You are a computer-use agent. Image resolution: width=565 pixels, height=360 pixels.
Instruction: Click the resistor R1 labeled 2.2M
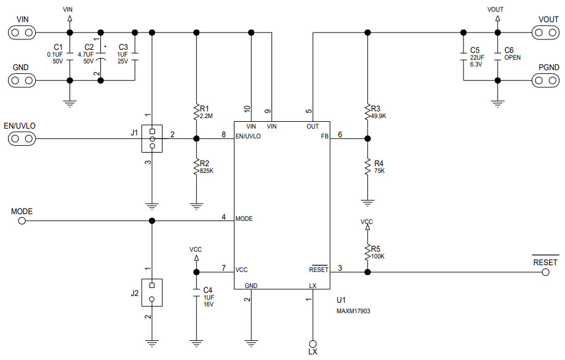(x=196, y=112)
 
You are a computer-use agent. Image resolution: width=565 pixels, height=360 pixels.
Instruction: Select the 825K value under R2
(x=206, y=170)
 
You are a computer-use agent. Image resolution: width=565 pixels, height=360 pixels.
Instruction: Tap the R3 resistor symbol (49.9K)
(x=367, y=111)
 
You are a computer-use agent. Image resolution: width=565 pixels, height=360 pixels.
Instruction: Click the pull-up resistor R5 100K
(x=367, y=252)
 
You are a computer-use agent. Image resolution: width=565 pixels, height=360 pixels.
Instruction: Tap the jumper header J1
(x=152, y=138)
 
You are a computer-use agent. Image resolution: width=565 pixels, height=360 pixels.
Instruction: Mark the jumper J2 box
(x=152, y=292)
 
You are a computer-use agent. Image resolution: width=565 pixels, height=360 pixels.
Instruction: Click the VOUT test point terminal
(x=545, y=32)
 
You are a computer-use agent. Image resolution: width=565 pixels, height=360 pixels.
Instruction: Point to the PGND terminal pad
(x=545, y=80)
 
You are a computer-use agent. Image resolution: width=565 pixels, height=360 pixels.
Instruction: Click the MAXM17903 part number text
(x=353, y=311)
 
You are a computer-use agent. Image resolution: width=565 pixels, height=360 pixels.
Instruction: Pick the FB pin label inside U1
(x=324, y=137)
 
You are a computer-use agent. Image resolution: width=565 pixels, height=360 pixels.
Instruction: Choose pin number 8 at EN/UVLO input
(x=223, y=134)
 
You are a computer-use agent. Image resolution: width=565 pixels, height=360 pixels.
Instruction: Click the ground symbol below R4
(x=367, y=201)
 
